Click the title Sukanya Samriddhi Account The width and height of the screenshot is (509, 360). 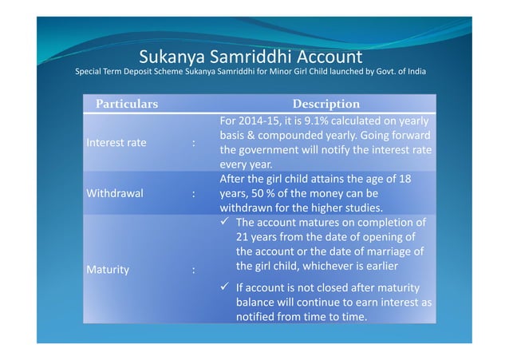tap(251, 57)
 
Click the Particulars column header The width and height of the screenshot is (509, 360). tap(127, 105)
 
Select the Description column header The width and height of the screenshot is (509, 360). tap(326, 105)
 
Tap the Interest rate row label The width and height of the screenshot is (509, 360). tap(115, 143)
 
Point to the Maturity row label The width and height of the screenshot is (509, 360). tap(107, 270)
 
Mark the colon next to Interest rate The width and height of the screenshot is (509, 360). tap(193, 143)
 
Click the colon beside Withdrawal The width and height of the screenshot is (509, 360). tap(193, 194)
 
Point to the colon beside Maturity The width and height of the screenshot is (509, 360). tap(193, 270)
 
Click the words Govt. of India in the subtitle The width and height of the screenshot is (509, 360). tap(400, 73)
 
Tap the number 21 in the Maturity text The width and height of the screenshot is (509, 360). tap(243, 237)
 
